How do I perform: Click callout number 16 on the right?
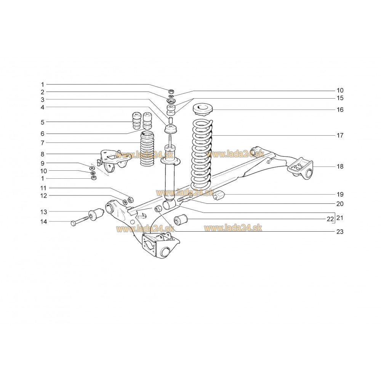pyautogui.click(x=340, y=110)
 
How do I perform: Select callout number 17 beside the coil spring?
pyautogui.click(x=340, y=135)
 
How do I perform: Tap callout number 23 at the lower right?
pyautogui.click(x=340, y=232)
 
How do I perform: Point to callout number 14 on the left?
pyautogui.click(x=43, y=222)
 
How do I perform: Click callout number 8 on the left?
pyautogui.click(x=43, y=154)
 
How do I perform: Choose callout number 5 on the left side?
pyautogui.click(x=43, y=122)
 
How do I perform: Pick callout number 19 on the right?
pyautogui.click(x=340, y=194)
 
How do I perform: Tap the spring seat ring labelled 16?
pyautogui.click(x=203, y=110)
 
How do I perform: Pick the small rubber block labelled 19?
pyautogui.click(x=219, y=195)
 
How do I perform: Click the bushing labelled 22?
pyautogui.click(x=181, y=219)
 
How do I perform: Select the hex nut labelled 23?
pyautogui.click(x=158, y=208)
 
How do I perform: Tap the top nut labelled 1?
pyautogui.click(x=171, y=91)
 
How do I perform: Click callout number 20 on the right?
pyautogui.click(x=340, y=204)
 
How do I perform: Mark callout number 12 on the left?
pyautogui.click(x=43, y=195)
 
